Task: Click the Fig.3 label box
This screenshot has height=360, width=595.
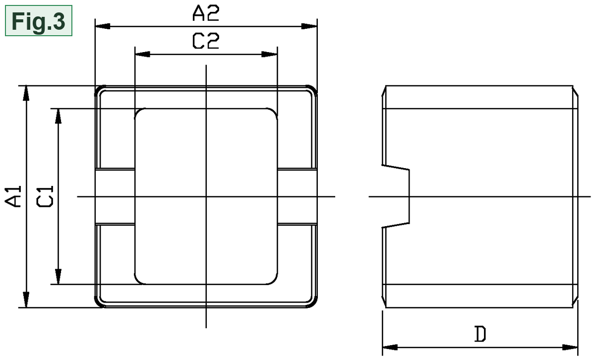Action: click(39, 20)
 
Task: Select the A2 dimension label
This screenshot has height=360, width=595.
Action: click(206, 13)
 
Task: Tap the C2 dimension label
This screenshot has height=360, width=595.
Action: click(206, 41)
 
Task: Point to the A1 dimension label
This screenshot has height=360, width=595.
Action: click(13, 196)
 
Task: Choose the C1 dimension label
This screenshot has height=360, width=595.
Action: click(45, 196)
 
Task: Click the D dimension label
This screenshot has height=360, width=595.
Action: click(480, 334)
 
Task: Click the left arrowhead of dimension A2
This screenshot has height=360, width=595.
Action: click(103, 26)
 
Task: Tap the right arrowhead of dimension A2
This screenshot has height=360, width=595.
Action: click(309, 26)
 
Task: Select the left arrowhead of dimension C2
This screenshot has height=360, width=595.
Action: click(142, 54)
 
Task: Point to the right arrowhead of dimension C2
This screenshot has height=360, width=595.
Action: click(270, 54)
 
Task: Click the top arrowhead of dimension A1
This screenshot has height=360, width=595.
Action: click(26, 93)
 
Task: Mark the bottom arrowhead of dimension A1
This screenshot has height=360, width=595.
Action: click(26, 300)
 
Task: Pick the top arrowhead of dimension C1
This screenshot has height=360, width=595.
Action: click(58, 116)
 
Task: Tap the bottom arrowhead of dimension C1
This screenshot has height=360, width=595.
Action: click(58, 277)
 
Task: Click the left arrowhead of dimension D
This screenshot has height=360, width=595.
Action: click(390, 347)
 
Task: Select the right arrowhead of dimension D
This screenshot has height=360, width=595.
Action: click(570, 347)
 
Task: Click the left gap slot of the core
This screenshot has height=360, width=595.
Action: click(115, 196)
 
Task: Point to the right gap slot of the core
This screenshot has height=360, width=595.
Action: click(297, 196)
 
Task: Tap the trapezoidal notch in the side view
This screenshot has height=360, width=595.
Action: click(396, 196)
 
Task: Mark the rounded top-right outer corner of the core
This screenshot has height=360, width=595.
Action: click(313, 90)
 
